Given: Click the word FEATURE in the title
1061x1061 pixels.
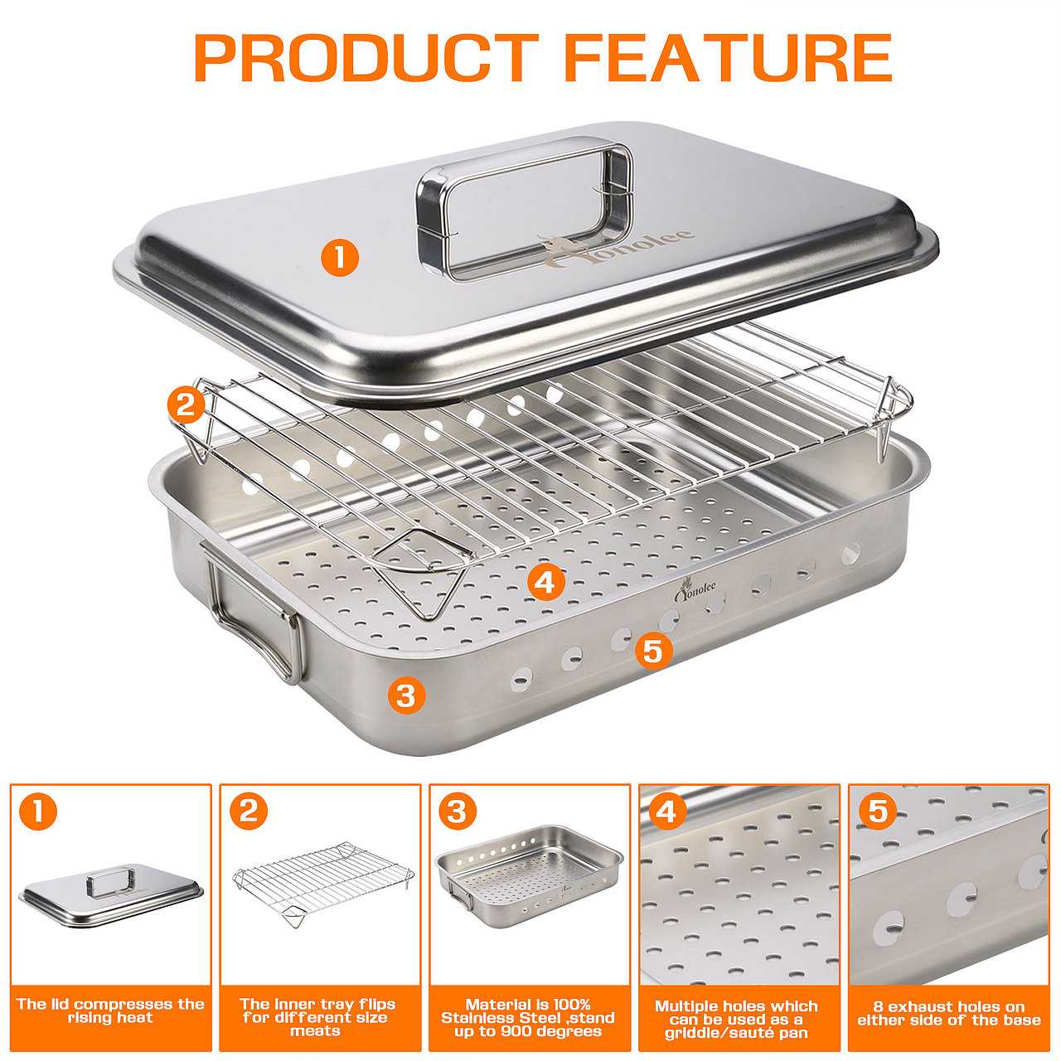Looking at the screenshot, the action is [x=729, y=58].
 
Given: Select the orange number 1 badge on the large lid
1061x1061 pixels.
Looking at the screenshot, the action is [x=340, y=258].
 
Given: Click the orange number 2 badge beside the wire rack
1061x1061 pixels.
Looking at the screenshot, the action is [x=187, y=405].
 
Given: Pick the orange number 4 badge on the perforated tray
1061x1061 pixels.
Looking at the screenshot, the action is [x=545, y=582].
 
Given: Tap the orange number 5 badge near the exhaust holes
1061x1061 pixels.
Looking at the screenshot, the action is [x=653, y=651].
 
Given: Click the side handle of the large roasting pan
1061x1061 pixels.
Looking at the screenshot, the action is [x=254, y=611].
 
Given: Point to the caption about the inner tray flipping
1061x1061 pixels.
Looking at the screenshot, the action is [x=317, y=1017].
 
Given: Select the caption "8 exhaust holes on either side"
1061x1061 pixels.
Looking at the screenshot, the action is [x=948, y=1013].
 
